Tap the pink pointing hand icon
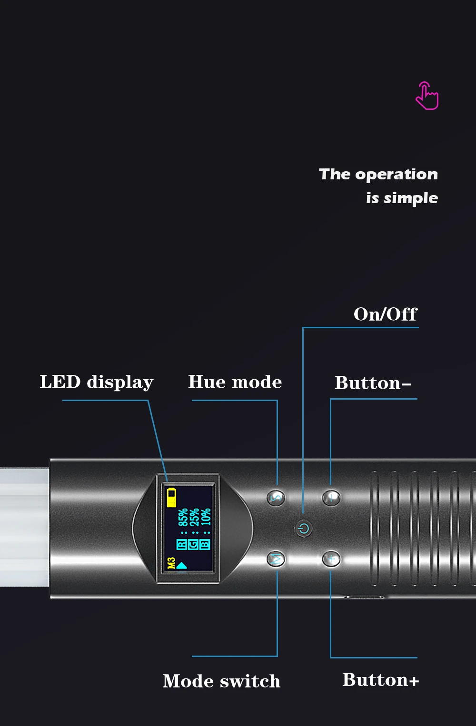click(427, 96)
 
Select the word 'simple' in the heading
click(411, 198)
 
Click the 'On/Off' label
click(385, 314)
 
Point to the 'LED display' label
click(96, 382)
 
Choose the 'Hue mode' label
click(235, 382)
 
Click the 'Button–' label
click(373, 383)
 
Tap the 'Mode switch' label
click(221, 681)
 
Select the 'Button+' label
click(380, 680)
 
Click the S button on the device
click(276, 498)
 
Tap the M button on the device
click(276, 559)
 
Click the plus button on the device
click(331, 559)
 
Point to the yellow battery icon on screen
click(172, 497)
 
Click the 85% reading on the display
click(183, 517)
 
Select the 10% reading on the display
click(206, 517)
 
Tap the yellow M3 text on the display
click(171, 563)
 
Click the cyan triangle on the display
click(182, 565)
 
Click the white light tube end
click(24, 527)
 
